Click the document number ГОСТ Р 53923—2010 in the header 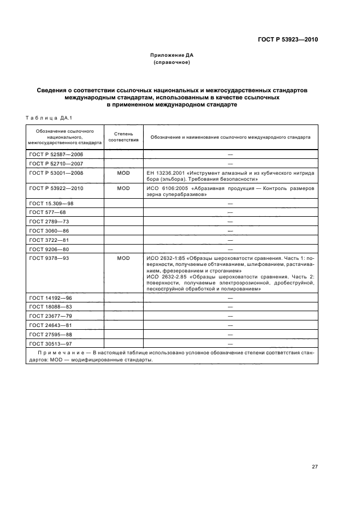289,40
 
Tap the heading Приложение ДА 172,55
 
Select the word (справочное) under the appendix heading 172,63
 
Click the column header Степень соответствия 123,136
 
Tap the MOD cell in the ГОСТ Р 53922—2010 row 123,188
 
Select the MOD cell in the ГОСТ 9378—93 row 123,258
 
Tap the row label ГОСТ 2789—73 48,222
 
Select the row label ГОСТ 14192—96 49,298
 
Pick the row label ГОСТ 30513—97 49,343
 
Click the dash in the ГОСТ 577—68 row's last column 230,212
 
